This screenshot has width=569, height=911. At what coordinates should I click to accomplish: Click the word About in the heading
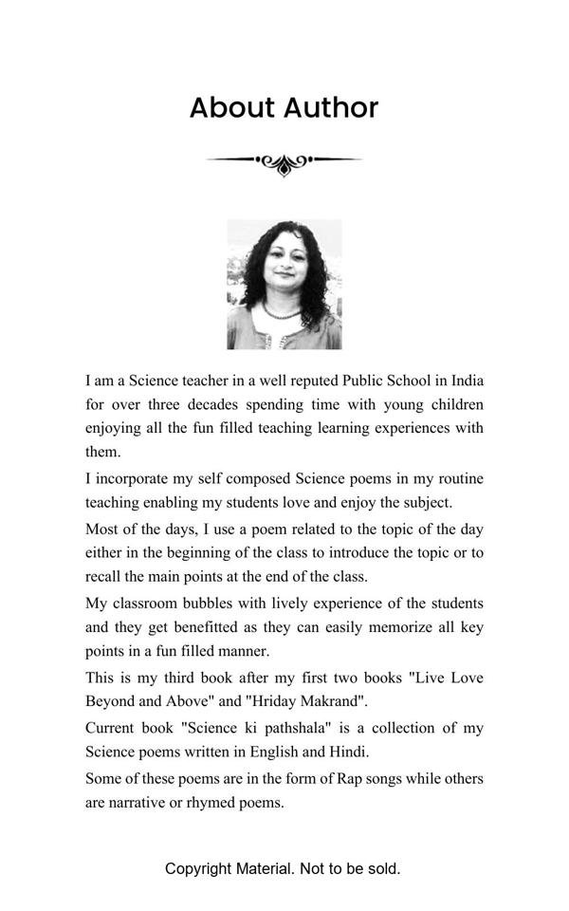point(230,108)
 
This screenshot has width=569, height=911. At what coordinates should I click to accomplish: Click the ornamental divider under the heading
point(284,162)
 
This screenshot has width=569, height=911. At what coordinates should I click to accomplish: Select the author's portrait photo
point(284,285)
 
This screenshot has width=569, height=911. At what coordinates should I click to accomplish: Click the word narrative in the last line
point(142,802)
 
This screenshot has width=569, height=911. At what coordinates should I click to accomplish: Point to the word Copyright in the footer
point(197,868)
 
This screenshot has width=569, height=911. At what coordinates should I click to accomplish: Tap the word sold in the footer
point(383,868)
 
